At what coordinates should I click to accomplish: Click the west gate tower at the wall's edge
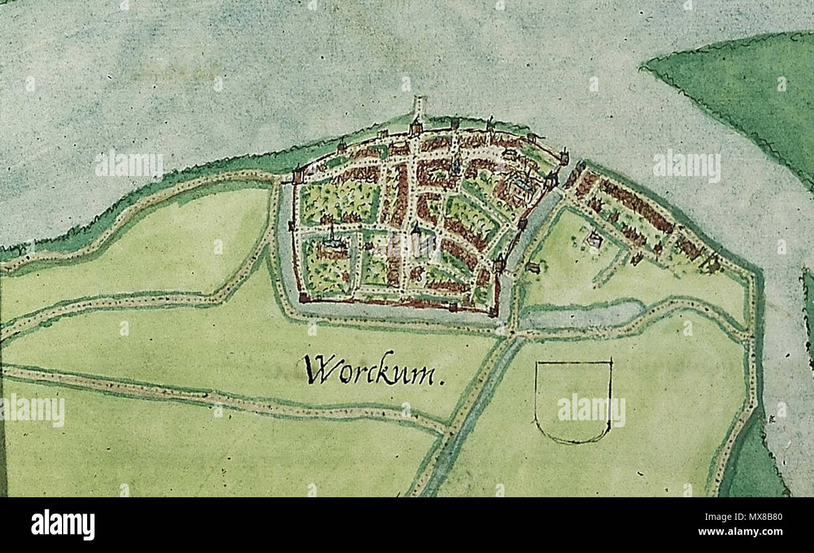[297, 175]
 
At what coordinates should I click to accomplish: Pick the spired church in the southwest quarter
[331, 241]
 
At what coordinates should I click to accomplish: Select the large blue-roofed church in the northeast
[522, 183]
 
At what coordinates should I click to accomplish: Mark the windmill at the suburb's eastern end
[713, 264]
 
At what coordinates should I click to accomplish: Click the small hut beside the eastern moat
[533, 267]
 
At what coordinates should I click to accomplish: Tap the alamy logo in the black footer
[63, 524]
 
